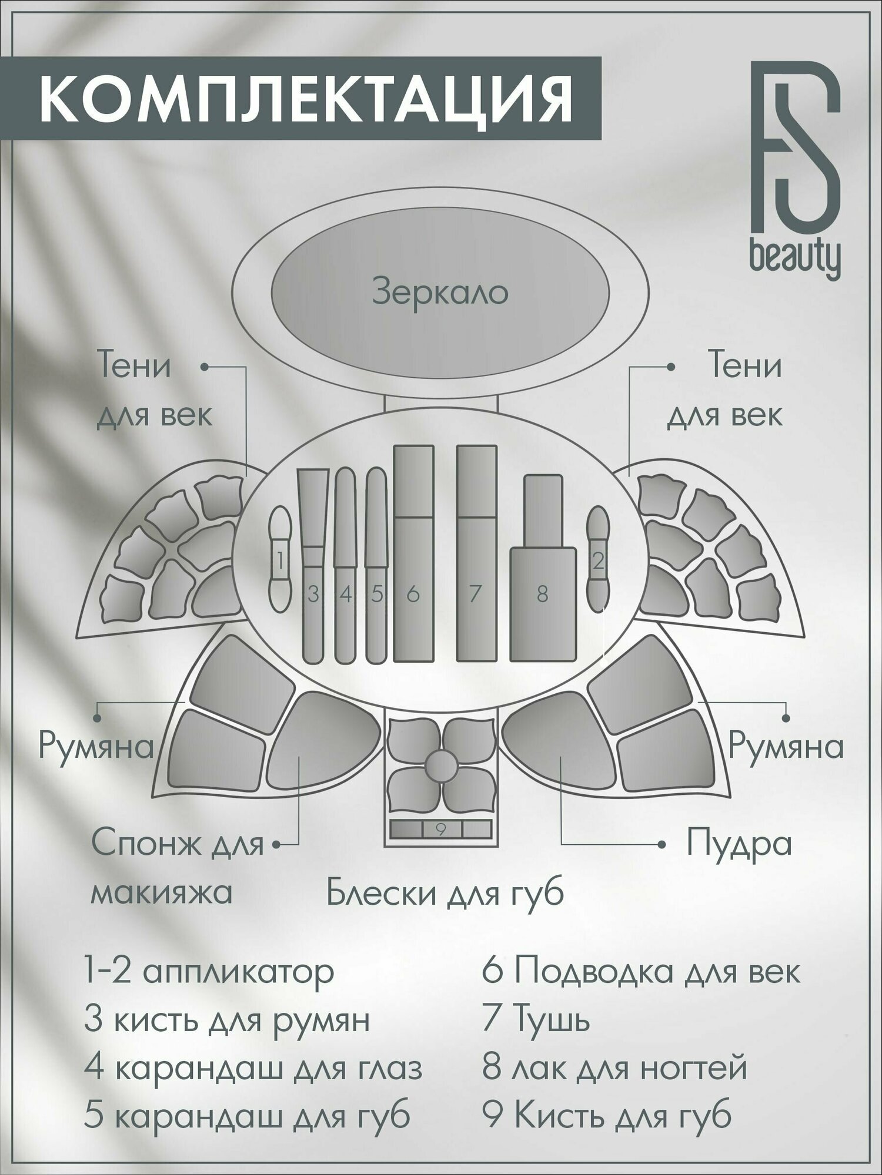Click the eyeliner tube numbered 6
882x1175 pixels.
click(x=413, y=552)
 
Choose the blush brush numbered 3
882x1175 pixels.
click(x=312, y=564)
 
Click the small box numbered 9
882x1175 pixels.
click(x=441, y=829)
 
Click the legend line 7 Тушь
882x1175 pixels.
click(x=536, y=1020)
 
